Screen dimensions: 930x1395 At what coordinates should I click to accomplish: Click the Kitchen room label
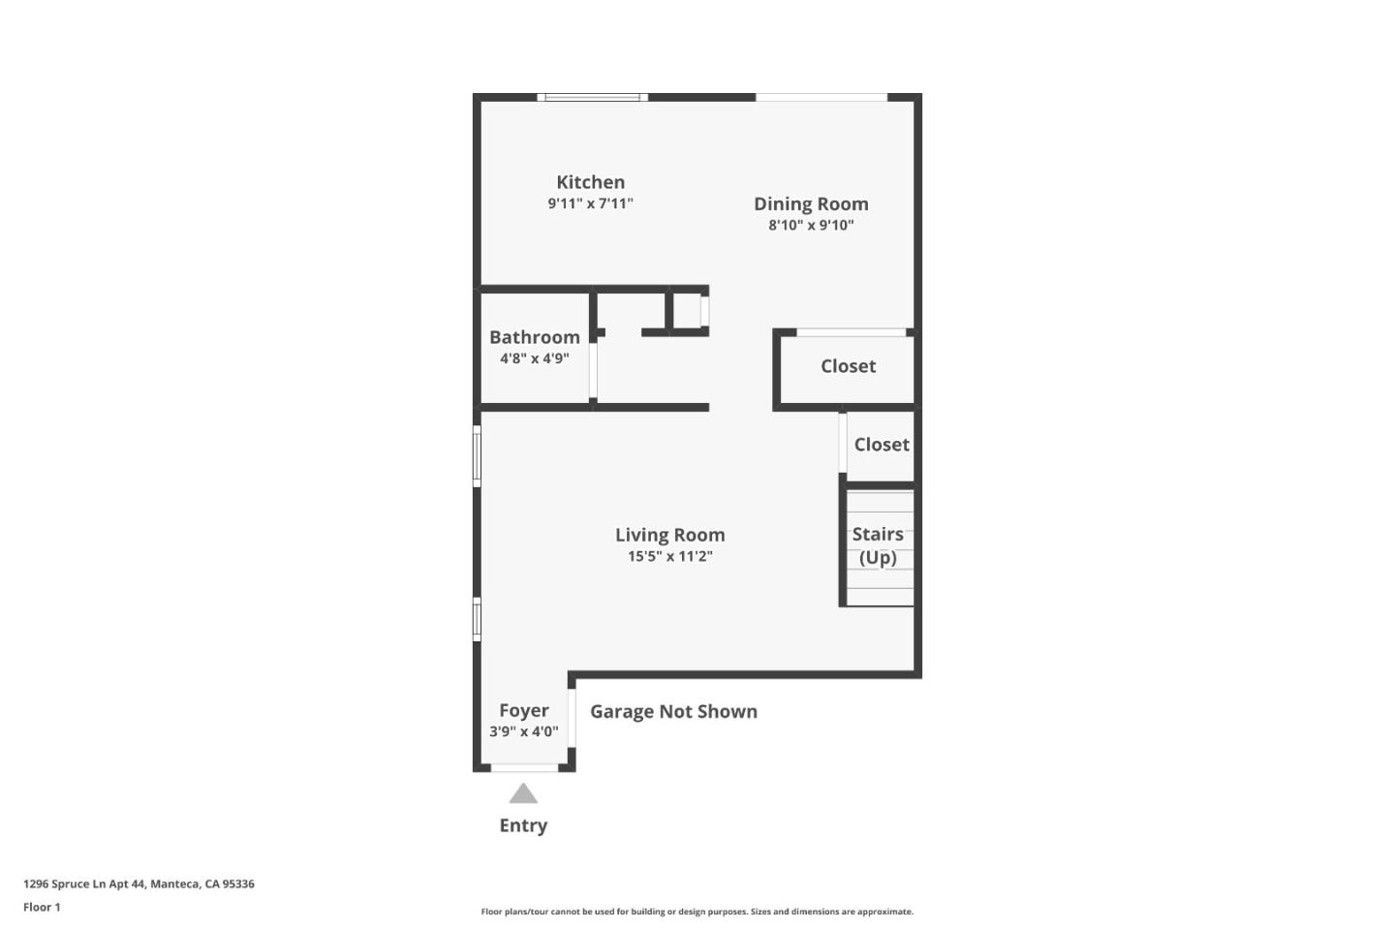coord(590,182)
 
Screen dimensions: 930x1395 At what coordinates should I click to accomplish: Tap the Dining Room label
coord(811,203)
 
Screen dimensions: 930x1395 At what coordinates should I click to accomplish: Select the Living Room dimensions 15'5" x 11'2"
coord(669,556)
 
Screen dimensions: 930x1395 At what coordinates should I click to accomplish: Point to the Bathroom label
coord(534,337)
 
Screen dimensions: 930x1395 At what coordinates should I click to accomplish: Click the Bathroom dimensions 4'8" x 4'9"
coord(534,358)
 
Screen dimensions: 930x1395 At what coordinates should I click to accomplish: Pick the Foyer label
coord(523,710)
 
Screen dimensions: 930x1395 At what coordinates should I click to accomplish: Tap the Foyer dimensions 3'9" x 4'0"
coord(523,731)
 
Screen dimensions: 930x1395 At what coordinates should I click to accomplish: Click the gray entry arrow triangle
coord(523,794)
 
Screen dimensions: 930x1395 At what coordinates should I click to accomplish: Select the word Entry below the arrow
coord(523,825)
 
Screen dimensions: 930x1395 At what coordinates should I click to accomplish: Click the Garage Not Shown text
coord(673,711)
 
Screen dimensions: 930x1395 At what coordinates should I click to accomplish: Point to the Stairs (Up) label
coord(878,545)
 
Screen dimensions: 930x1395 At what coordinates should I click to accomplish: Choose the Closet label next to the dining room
coord(848,366)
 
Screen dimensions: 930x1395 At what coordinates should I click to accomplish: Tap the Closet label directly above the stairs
coord(882,445)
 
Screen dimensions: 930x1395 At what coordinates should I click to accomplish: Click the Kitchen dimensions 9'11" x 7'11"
coord(590,203)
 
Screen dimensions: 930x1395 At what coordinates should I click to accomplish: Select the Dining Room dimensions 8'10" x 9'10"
coord(811,225)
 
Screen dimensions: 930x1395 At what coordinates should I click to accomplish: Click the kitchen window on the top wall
coord(593,97)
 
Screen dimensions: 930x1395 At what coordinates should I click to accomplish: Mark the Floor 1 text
coord(42,908)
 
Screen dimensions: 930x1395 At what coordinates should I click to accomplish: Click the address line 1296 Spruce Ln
coord(139,883)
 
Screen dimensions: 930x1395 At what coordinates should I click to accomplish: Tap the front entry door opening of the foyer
coord(524,768)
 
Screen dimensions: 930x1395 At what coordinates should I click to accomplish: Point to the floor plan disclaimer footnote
coord(697,912)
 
